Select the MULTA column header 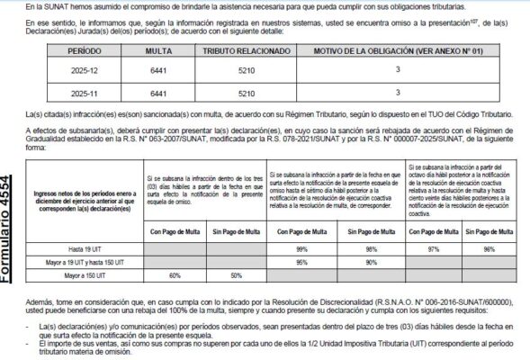coord(158,53)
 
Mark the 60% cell coord(175,274)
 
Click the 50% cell coord(236,274)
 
